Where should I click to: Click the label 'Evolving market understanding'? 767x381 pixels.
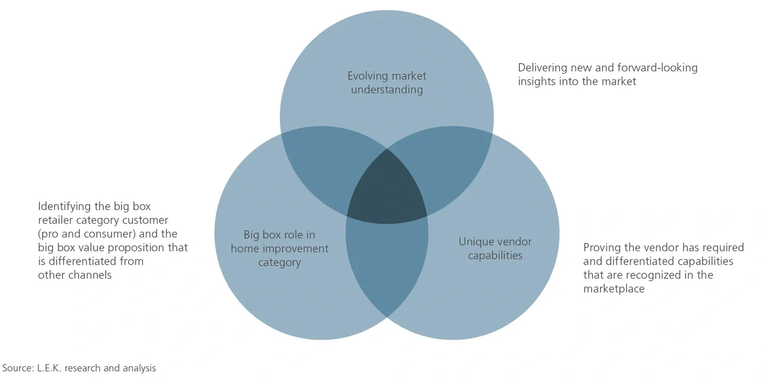coord(386,83)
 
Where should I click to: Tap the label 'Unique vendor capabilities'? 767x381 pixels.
coord(495,248)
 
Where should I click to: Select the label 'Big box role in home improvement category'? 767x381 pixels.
coord(280,248)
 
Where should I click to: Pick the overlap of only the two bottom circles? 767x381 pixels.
coord(386,265)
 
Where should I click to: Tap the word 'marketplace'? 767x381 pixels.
coord(614,289)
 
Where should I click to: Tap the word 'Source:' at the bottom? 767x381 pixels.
coord(17,368)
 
